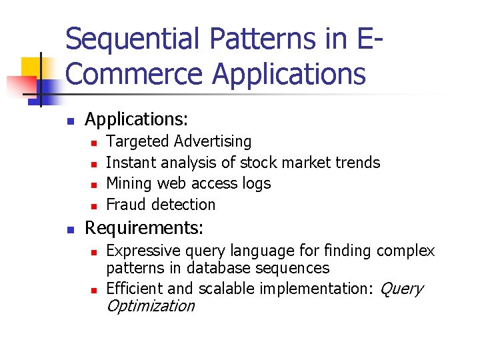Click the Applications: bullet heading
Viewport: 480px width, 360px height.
tap(137, 119)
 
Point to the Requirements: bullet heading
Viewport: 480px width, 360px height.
tap(144, 227)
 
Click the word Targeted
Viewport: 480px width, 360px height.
tap(138, 141)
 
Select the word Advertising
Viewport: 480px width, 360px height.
tap(213, 141)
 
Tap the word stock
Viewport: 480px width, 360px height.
tap(259, 163)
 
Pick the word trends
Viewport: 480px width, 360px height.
tap(358, 163)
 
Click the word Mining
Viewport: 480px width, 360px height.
tap(129, 183)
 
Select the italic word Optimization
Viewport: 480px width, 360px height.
tap(151, 306)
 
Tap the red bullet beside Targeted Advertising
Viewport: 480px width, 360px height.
tap(95, 142)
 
